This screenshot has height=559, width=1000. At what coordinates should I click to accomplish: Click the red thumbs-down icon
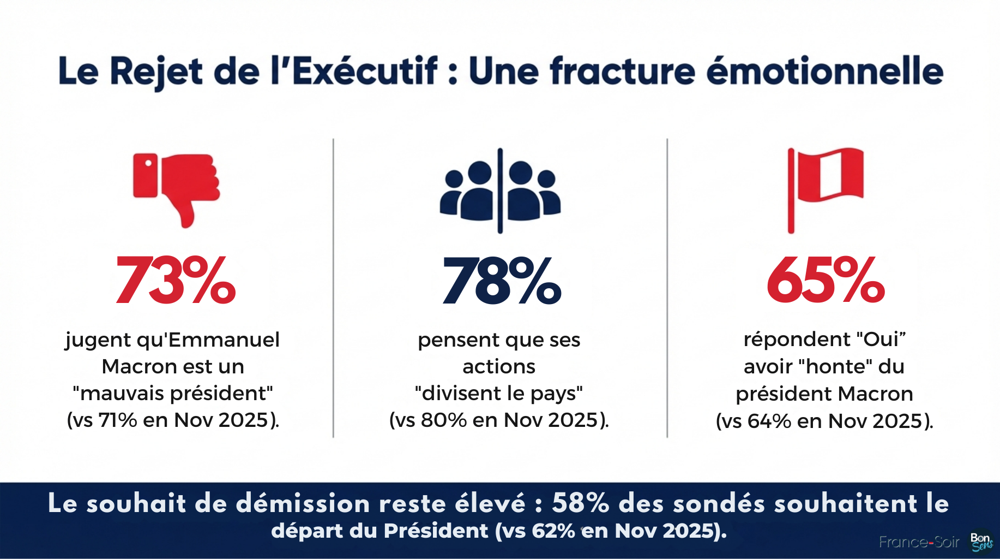(176, 188)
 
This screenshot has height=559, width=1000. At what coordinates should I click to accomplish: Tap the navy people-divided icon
(500, 191)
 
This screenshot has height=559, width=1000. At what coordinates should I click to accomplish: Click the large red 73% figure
(176, 281)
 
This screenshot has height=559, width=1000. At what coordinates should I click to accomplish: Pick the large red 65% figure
(826, 281)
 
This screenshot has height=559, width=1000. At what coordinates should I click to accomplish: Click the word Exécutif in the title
(365, 72)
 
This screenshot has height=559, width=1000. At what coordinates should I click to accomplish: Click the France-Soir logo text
(919, 542)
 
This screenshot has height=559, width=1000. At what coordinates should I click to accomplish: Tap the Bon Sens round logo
(981, 542)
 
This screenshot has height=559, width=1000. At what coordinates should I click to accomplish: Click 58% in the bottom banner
(580, 503)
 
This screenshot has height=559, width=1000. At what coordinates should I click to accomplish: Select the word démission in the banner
(303, 503)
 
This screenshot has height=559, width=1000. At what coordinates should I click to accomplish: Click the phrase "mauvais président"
(173, 393)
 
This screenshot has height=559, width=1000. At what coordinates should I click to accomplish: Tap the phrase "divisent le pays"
(499, 393)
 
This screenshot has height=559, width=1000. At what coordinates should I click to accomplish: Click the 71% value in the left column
(117, 420)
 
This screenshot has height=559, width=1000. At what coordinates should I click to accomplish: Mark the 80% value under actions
(444, 420)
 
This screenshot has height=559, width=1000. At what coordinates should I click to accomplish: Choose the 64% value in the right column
(769, 421)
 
